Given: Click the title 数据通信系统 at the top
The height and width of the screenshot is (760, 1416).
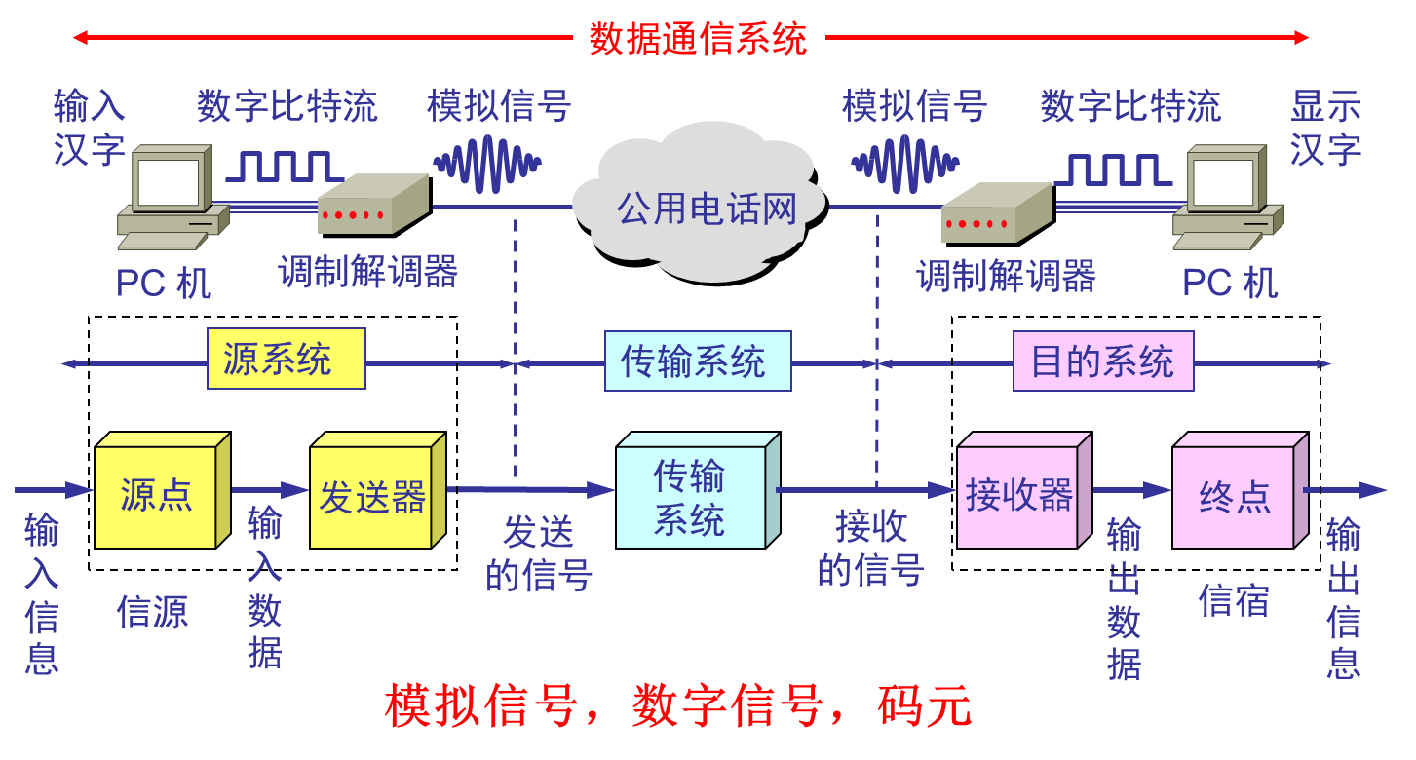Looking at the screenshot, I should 698,38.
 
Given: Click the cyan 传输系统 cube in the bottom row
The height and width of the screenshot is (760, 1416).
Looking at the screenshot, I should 689,498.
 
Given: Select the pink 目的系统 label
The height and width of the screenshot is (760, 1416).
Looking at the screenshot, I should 1102,361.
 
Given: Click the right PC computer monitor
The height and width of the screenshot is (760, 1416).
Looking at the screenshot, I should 1224,183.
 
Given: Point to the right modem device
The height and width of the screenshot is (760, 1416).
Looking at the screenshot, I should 995,214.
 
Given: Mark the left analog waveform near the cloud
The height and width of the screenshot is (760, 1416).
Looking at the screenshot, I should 486,163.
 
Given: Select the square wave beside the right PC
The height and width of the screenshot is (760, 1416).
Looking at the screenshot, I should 1112,170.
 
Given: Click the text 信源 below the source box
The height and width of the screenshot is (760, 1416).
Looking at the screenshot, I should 152,612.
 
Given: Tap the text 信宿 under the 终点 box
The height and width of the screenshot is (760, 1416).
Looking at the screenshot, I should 1233,600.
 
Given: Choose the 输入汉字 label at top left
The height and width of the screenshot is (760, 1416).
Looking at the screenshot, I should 89,128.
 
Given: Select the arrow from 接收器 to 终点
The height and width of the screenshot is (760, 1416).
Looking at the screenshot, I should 1130,490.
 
